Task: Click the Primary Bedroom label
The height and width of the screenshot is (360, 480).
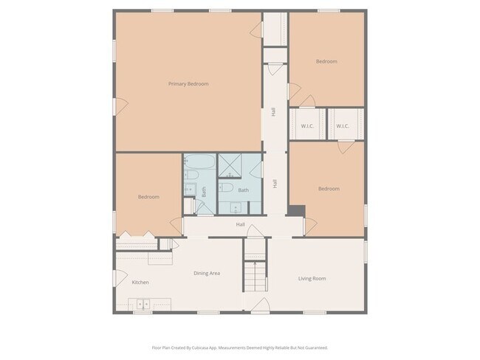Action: tap(188, 84)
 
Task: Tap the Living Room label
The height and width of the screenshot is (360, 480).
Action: tap(312, 278)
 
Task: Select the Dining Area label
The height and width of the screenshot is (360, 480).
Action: tap(207, 273)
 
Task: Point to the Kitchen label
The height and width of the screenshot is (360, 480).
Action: tap(140, 283)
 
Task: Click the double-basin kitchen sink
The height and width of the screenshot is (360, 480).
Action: tap(140, 303)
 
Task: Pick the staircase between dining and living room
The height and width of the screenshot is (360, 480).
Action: tap(256, 276)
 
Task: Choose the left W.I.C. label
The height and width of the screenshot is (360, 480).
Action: tap(307, 126)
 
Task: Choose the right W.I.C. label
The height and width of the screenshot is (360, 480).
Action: tap(343, 126)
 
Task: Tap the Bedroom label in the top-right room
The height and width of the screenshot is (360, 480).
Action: tap(326, 61)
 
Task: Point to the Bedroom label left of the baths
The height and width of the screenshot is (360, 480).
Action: tap(148, 197)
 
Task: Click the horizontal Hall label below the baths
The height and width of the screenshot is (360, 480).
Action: tap(240, 224)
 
